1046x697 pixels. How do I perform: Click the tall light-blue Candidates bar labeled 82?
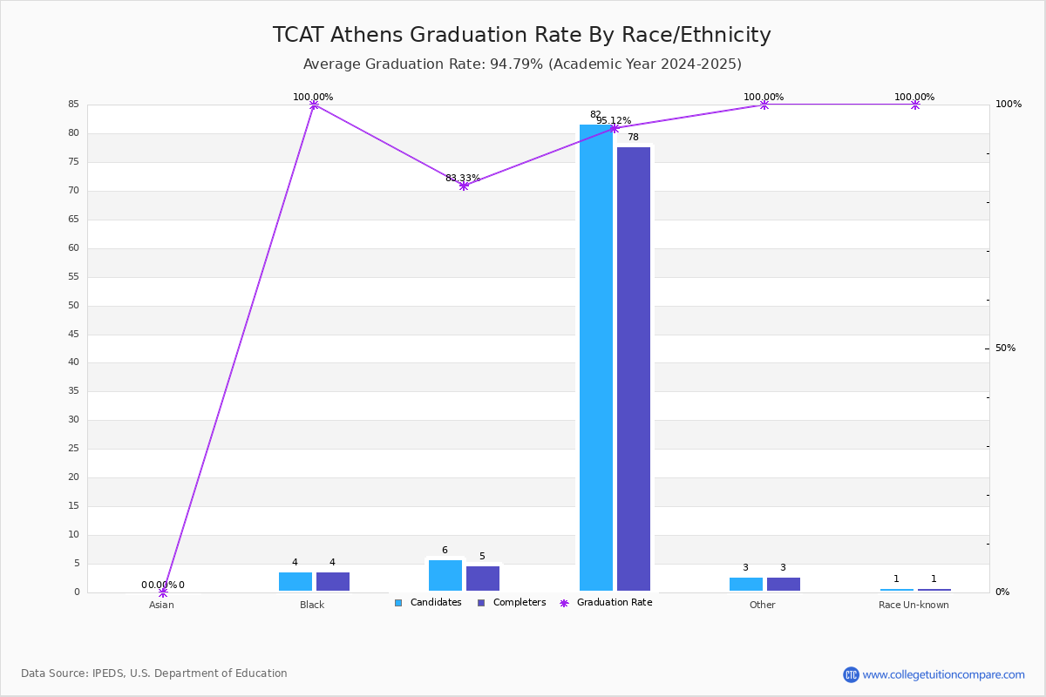596,357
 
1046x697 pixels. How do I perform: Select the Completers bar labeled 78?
634,369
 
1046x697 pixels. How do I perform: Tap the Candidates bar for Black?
295,582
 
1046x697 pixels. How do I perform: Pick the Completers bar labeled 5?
483,579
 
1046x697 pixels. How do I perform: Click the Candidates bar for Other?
746,584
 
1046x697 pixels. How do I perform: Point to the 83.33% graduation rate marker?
464,186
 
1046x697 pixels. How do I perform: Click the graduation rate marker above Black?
315,105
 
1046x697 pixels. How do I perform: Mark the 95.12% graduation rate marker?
615,128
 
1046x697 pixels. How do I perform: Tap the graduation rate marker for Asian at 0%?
163,592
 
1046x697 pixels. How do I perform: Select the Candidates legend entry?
428,603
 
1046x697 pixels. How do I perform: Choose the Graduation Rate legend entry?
606,603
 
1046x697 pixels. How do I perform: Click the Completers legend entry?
512,603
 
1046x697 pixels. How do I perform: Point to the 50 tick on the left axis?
74,305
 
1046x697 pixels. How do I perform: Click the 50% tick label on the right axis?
1005,348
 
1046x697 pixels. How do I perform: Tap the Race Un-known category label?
914,605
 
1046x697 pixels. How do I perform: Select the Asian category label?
161,605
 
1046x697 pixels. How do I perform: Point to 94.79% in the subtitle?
516,64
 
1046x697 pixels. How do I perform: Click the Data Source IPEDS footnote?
154,673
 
